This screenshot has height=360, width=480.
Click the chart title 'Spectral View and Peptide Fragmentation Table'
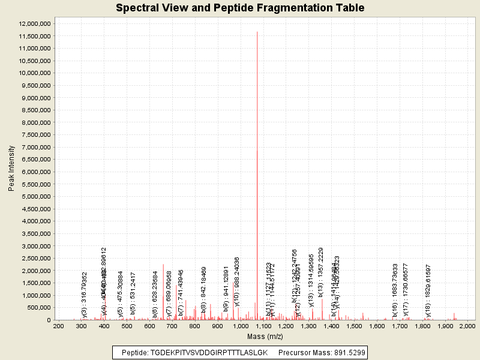tap(240, 8)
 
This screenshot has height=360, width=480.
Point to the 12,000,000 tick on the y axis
tap(37, 23)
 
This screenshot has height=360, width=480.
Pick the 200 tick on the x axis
tap(58, 326)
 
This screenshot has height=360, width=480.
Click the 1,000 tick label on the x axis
tap(241, 326)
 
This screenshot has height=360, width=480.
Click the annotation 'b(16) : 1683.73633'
tap(395, 290)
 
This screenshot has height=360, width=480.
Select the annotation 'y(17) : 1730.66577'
tap(406, 290)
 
